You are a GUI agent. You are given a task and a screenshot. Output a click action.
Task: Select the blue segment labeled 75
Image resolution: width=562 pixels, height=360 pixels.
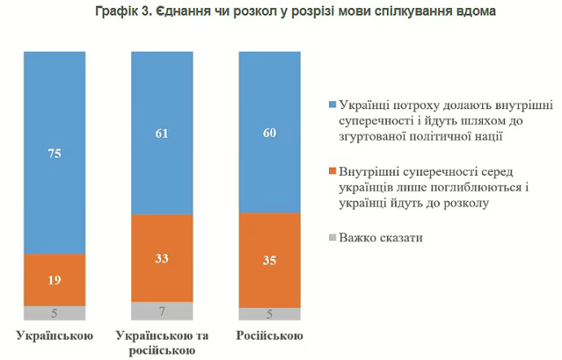coord(55,151)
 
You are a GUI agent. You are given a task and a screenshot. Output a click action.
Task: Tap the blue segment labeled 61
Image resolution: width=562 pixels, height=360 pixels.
coord(163,132)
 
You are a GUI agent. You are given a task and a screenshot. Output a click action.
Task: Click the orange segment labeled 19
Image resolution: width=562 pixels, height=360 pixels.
coord(55,279)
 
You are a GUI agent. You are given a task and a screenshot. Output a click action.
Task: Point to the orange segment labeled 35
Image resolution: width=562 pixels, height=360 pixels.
coord(269,260)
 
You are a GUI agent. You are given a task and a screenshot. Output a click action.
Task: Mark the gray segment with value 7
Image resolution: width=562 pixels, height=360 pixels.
coord(163,311)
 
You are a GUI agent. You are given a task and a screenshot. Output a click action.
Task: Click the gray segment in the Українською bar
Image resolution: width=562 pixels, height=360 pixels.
coord(55,313)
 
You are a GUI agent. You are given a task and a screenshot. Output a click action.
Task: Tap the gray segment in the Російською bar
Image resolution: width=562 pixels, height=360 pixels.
coord(269,314)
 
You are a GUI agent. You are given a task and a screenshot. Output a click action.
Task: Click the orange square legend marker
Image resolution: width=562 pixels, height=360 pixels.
coord(330,172)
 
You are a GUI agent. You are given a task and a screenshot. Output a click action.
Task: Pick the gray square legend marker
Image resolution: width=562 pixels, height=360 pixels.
coord(330,238)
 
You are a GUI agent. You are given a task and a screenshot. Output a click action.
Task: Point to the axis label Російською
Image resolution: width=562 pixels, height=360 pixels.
coord(270,336)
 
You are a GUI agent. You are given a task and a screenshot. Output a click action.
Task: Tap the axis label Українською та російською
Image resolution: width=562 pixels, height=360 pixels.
coord(163,343)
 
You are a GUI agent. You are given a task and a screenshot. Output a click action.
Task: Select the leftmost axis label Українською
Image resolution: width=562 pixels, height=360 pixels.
coord(55,336)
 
